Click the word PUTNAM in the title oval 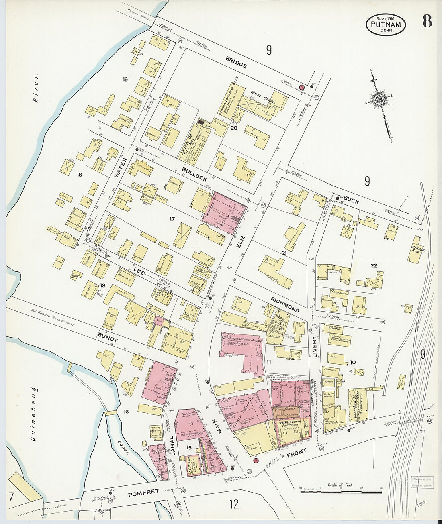pos(386,25)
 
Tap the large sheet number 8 pos(427,21)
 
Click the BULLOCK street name pos(194,175)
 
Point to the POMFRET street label pos(143,491)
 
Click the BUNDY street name pos(108,340)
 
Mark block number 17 pos(172,219)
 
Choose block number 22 pos(374,265)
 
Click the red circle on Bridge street pos(302,88)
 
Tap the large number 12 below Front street pos(234,504)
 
